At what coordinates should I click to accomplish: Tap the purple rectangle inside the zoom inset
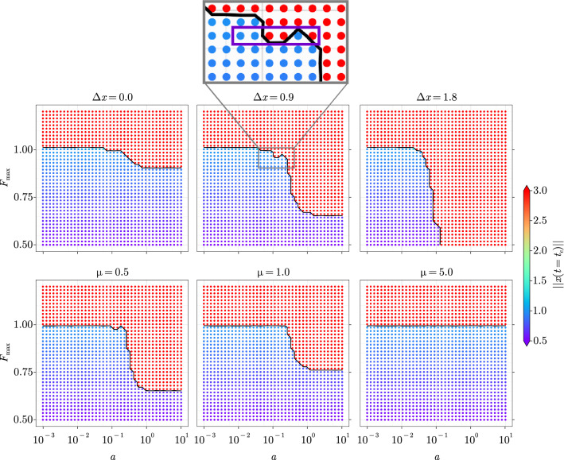pos(276,36)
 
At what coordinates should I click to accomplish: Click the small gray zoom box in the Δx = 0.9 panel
pos(276,157)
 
